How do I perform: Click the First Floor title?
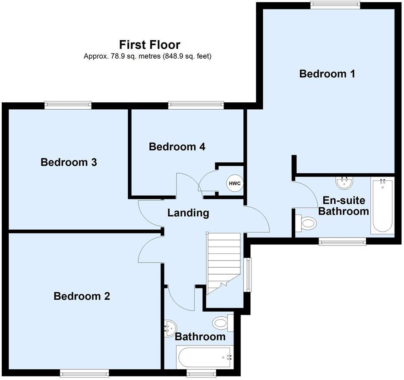coord(149,44)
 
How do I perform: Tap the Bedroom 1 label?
coord(327,74)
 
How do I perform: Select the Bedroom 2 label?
coord(82,296)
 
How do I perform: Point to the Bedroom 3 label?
coord(69,162)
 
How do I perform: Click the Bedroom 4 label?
coord(177,147)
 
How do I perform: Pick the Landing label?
coord(188,212)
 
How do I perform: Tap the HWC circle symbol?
coord(234,184)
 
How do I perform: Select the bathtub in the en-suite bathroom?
coord(382,206)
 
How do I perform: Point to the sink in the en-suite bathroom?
coord(344,183)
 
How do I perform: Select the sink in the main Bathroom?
coord(170,328)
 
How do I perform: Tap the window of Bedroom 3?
coord(68,104)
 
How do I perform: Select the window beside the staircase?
coord(248,274)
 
